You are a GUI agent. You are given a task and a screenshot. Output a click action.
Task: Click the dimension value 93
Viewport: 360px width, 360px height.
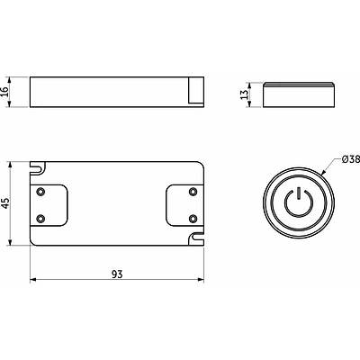117,274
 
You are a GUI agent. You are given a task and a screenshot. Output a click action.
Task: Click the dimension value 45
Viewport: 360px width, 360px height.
6,203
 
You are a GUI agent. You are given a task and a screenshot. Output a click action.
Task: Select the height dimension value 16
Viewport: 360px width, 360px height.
4,92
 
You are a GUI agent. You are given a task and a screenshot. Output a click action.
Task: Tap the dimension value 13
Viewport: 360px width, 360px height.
245,94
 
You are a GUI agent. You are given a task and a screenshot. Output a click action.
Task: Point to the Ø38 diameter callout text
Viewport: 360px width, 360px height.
351,159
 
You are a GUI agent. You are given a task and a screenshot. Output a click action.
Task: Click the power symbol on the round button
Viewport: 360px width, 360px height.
299,202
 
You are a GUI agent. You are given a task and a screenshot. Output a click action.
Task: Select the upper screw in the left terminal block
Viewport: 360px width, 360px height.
40,192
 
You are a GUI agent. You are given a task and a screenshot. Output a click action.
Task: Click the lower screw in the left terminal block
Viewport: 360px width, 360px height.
40,219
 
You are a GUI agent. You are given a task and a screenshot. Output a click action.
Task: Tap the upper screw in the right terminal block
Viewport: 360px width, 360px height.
193,192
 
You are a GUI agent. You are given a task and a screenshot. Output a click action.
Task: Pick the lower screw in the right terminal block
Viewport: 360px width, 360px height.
193,219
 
